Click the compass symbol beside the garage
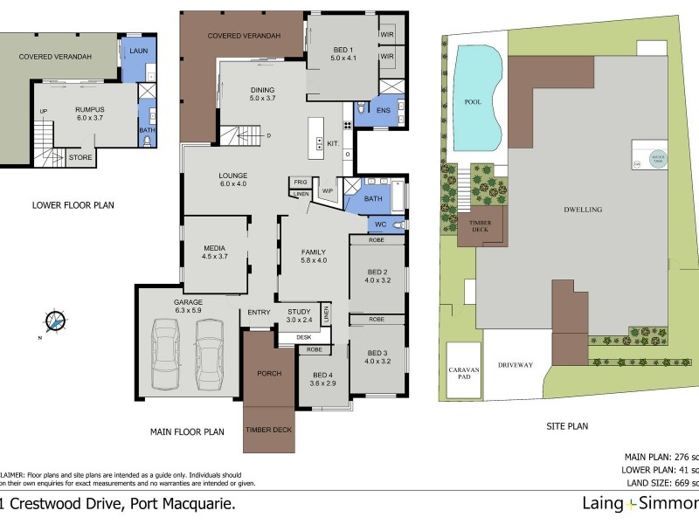pos(57,321)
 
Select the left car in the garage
pos(167,354)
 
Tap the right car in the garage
pos(211,354)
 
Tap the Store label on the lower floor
pos(80,158)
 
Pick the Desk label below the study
pos(303,337)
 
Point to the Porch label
pos(269,374)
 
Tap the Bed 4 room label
pos(323,378)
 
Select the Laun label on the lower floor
pos(137,52)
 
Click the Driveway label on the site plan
pos(516,365)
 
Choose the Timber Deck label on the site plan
pos(480,225)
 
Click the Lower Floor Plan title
pos(73,206)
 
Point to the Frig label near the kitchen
pos(300,182)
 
